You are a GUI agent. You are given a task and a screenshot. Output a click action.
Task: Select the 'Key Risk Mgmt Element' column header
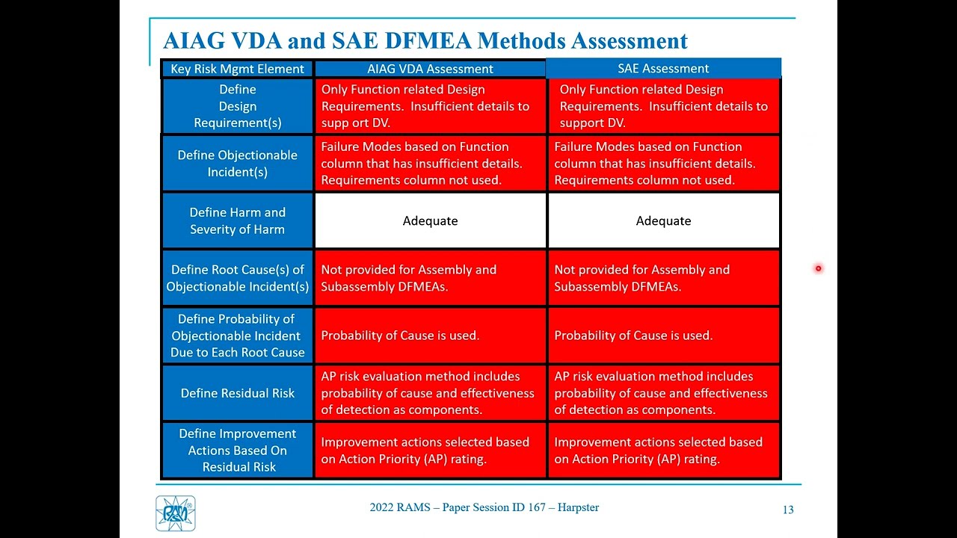coord(237,69)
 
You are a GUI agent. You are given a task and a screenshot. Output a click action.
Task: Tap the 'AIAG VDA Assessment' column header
coord(430,69)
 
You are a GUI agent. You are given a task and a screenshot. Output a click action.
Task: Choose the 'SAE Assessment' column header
coord(663,68)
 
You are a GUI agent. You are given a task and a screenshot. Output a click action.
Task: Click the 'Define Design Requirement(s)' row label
coord(237,106)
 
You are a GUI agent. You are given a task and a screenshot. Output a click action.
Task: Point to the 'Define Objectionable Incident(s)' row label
coord(237,164)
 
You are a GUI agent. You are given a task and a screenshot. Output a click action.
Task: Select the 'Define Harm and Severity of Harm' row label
coord(237,221)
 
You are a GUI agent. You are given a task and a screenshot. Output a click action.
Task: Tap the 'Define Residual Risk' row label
coord(237,393)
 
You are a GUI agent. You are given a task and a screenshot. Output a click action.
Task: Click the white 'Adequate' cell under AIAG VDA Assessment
coord(430,220)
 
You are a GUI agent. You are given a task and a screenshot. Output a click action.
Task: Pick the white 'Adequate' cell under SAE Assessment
coord(663,220)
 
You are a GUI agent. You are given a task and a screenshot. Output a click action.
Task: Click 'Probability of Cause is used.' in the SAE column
coord(633,336)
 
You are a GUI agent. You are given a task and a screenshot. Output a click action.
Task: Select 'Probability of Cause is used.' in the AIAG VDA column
coord(400,336)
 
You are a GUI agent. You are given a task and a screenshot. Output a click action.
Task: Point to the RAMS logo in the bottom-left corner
coord(176,513)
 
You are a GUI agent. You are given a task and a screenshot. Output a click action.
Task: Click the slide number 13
coord(788,510)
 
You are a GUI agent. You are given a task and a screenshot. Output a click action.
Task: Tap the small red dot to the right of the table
coord(819,268)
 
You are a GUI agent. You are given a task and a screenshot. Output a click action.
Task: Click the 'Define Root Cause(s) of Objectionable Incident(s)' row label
coord(237,278)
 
